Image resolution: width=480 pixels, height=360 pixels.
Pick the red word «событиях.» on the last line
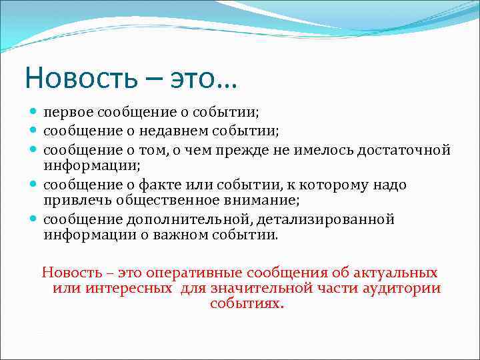pyautogui.click(x=247, y=304)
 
